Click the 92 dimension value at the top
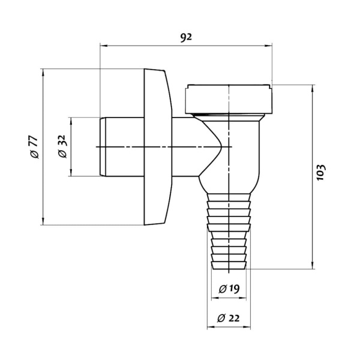tap(185, 37)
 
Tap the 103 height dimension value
tap(321, 172)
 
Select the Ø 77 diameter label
tap(34, 147)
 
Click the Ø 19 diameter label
tap(229, 289)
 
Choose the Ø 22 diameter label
tap(228, 318)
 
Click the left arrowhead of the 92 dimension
tap(104, 46)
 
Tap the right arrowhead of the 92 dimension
tap(268, 46)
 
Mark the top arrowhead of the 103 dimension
tap(312, 89)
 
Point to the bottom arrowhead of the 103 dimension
tap(312, 265)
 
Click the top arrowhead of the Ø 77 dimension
tap(43, 73)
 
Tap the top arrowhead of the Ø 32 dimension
tap(71, 121)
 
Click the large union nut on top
tap(228, 99)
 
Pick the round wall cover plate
tap(158, 147)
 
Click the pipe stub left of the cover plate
tap(122, 147)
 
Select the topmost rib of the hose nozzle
tap(229, 197)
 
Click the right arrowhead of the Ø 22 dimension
tap(247, 327)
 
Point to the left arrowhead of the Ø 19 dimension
tap(215, 298)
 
